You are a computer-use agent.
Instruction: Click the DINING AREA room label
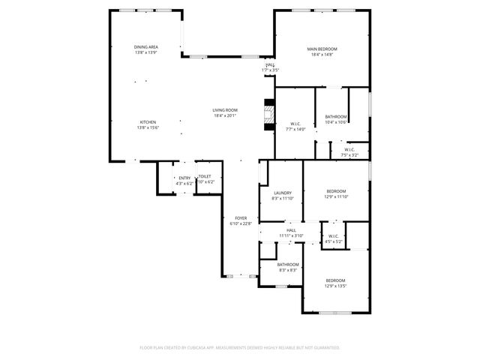coord(146,46)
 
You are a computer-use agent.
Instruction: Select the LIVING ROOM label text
coord(225,110)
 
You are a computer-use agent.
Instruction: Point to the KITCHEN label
coord(147,122)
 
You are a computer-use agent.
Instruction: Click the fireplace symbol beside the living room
coord(268,113)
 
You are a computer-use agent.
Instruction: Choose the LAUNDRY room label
coord(282,193)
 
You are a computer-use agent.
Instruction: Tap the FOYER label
coord(240,218)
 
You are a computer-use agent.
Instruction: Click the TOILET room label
coord(205,177)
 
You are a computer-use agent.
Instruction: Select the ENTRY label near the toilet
coord(184,178)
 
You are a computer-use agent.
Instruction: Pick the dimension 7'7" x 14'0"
coord(295,130)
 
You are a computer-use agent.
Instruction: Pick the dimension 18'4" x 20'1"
coord(225,115)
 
